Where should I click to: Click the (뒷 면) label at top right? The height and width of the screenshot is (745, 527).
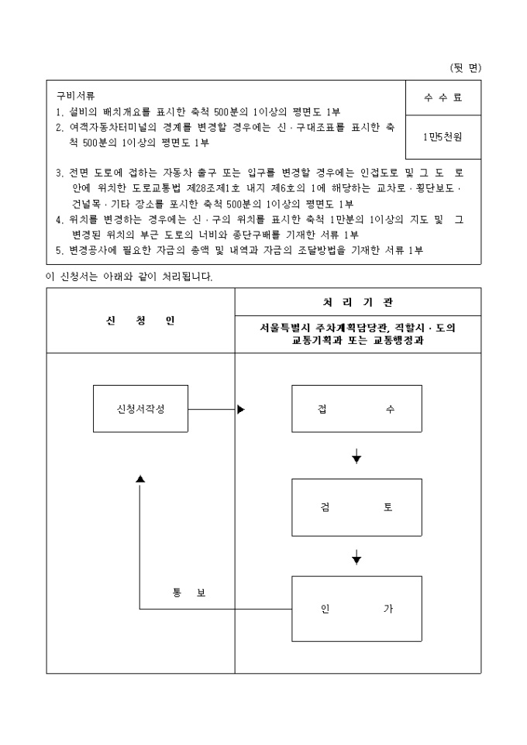pyautogui.click(x=465, y=68)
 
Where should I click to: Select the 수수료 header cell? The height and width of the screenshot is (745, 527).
pyautogui.click(x=443, y=98)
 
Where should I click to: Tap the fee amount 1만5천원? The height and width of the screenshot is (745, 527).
pyautogui.click(x=443, y=136)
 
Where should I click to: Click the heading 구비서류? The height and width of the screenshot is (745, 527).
pyautogui.click(x=75, y=96)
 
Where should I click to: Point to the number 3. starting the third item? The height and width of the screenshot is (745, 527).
pyautogui.click(x=60, y=173)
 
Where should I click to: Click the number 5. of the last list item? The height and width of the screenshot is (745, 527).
pyautogui.click(x=60, y=249)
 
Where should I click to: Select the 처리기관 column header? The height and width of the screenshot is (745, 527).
pyautogui.click(x=357, y=301)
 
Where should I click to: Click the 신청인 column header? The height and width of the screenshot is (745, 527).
pyautogui.click(x=140, y=321)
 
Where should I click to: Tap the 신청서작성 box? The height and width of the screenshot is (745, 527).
pyautogui.click(x=140, y=409)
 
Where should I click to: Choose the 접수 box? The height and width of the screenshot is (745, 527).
pyautogui.click(x=356, y=409)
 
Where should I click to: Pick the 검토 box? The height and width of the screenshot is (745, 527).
pyautogui.click(x=356, y=508)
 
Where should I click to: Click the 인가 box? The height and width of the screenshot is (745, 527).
pyautogui.click(x=356, y=609)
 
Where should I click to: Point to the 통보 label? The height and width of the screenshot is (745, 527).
pyautogui.click(x=189, y=593)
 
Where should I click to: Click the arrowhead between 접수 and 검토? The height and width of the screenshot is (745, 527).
pyautogui.click(x=356, y=459)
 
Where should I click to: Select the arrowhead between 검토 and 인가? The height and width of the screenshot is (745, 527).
pyautogui.click(x=356, y=558)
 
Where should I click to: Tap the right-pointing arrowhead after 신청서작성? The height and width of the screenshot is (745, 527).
pyautogui.click(x=240, y=409)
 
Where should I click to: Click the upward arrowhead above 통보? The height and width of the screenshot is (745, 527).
pyautogui.click(x=140, y=479)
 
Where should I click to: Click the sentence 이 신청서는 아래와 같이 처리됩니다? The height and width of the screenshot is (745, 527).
pyautogui.click(x=129, y=276)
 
